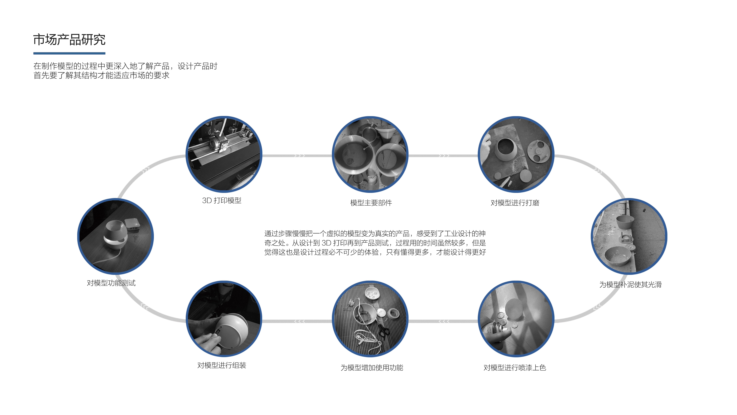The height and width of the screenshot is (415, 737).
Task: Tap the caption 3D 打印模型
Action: pyautogui.click(x=222, y=200)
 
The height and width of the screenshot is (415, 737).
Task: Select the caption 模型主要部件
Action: pyautogui.click(x=371, y=203)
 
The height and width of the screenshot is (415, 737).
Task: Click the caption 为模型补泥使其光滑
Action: pyautogui.click(x=630, y=284)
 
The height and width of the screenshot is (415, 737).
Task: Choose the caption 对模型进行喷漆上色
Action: pyautogui.click(x=515, y=367)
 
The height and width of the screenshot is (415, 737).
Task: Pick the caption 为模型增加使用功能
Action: pyautogui.click(x=372, y=367)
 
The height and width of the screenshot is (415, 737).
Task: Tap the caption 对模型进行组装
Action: pyautogui.click(x=222, y=365)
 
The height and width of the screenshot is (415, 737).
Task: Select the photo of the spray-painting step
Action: pyautogui.click(x=516, y=319)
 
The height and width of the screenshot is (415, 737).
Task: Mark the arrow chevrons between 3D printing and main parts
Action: pyautogui.click(x=300, y=156)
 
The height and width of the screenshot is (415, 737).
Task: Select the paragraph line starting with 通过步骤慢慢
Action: pyautogui.click(x=375, y=233)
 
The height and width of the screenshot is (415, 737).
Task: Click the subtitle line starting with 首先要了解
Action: pyautogui.click(x=102, y=75)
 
